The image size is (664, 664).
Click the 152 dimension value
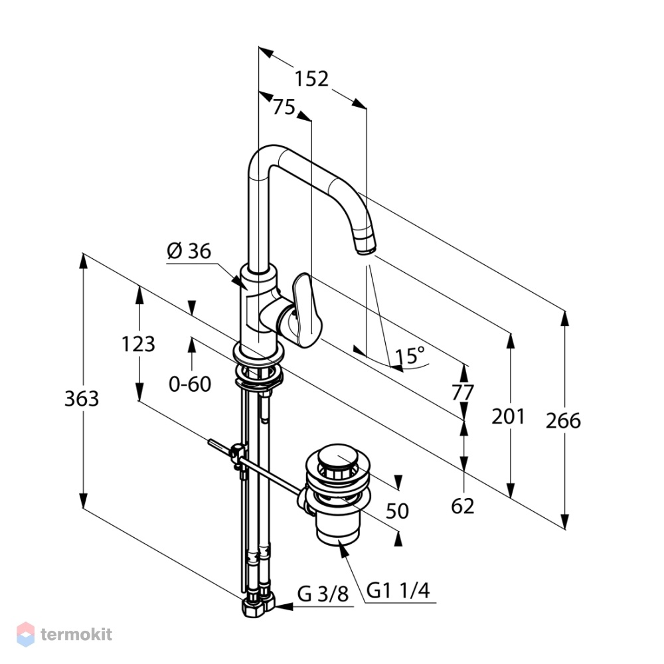[x=311, y=79]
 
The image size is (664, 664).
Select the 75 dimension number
[x=284, y=107]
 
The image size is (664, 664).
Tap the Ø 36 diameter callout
[x=189, y=251]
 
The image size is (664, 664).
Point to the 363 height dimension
[x=82, y=399]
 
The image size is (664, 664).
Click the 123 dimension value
[x=139, y=344]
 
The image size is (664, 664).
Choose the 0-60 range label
[x=190, y=384]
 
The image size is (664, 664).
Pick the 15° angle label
[x=410, y=356]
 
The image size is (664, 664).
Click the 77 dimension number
[x=462, y=392]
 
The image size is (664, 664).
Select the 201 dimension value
[x=508, y=417]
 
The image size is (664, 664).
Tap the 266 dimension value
[x=563, y=421]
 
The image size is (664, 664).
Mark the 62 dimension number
[x=462, y=505]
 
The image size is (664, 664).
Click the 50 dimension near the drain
[x=397, y=511]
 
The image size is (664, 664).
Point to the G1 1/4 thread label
[x=398, y=590]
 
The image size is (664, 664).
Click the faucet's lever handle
[x=305, y=309]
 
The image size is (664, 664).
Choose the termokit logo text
[x=76, y=634]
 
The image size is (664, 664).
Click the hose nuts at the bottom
[x=258, y=606]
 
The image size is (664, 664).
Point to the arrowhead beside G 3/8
[x=284, y=606]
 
